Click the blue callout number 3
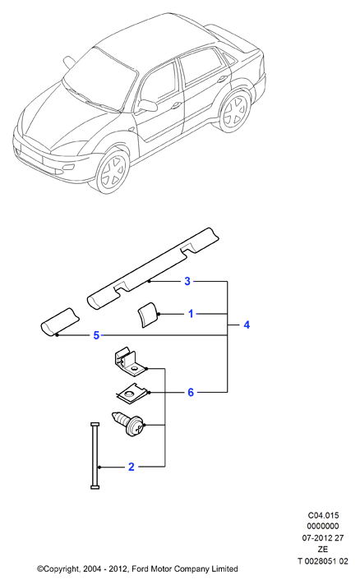[x=187, y=281]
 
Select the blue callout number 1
[x=191, y=314]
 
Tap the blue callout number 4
[x=247, y=325]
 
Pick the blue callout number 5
[x=96, y=335]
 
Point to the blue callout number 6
[x=191, y=392]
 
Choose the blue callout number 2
[x=131, y=467]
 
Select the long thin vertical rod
[x=95, y=455]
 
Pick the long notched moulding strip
[x=153, y=269]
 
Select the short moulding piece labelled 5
[x=60, y=321]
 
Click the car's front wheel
[x=113, y=171]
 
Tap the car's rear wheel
[x=235, y=111]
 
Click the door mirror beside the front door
[x=148, y=105]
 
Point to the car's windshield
[x=100, y=81]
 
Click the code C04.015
[x=324, y=515]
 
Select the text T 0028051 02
[x=323, y=560]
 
